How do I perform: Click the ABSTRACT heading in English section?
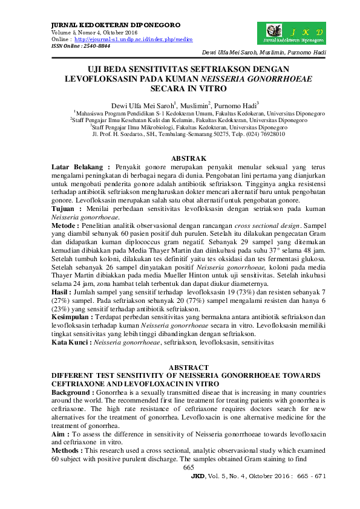point(188,368)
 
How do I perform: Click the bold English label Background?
point(76,393)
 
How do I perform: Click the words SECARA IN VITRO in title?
point(188,89)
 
